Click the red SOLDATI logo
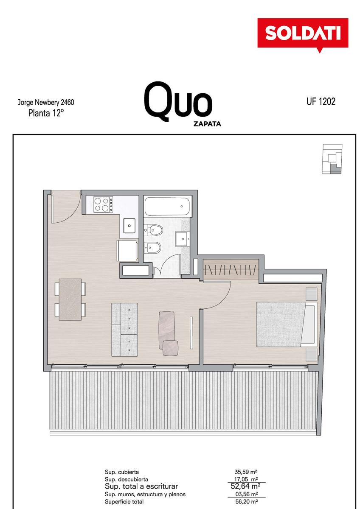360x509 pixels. point(303,34)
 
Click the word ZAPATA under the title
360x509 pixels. point(207,124)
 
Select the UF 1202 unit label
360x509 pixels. point(321,101)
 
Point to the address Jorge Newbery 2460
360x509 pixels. point(46,102)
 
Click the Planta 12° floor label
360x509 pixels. point(45,113)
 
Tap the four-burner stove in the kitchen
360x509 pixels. point(103,204)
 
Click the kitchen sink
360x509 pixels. point(129,225)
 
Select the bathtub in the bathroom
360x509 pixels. point(167,206)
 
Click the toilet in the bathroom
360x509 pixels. point(154,229)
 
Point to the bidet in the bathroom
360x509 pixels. point(153,247)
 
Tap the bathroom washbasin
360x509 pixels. point(182,239)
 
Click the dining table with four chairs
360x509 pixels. point(70,299)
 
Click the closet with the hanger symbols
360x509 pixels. point(231,269)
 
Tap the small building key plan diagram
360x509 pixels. point(332,159)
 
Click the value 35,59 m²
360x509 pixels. point(246,472)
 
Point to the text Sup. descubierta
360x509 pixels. point(127,479)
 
